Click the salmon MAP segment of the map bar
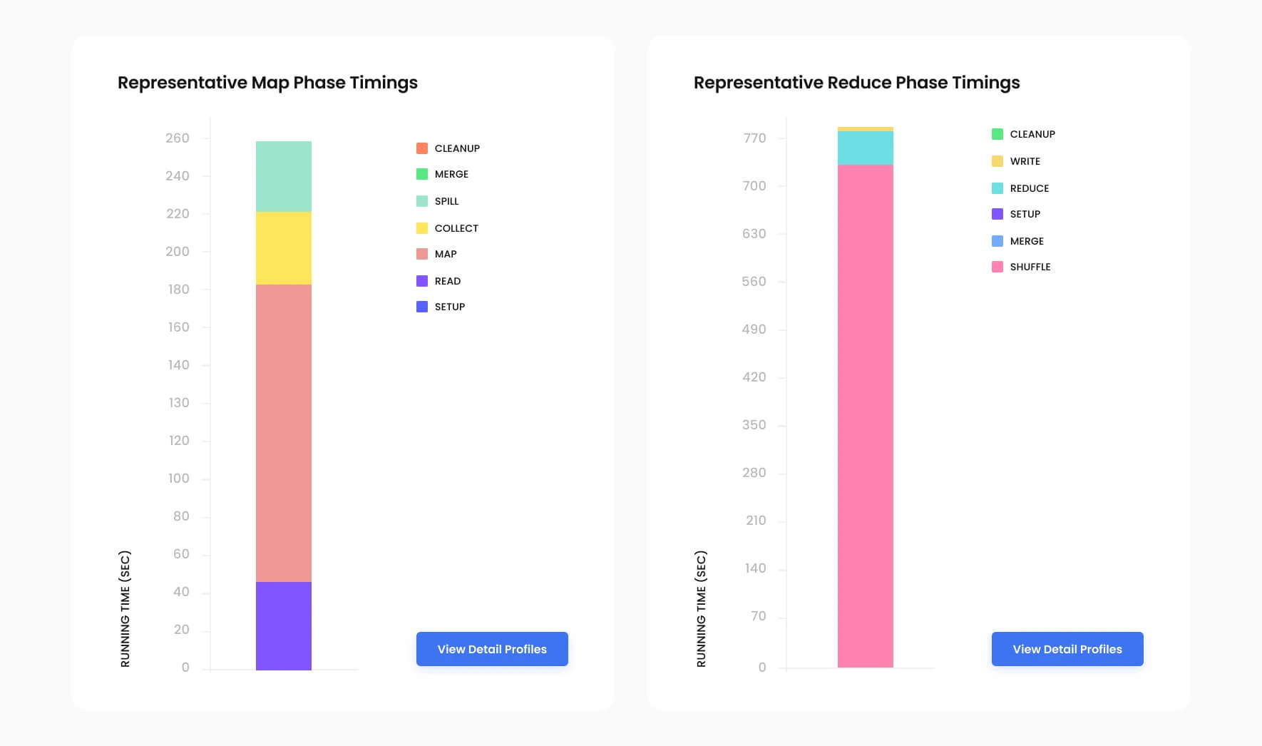pos(283,433)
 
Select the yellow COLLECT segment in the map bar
pos(283,248)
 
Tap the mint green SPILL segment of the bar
pos(283,176)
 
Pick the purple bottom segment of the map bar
pos(283,625)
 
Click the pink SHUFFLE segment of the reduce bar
pos(865,416)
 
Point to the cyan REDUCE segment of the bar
pos(865,148)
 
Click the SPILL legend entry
pos(438,201)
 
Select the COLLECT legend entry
pos(447,228)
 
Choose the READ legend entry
pos(438,281)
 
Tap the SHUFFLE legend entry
pos(1021,267)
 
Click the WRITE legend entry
pos(1016,161)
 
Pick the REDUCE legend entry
pos(1020,188)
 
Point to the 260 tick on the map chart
pos(178,138)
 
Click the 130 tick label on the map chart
pos(179,403)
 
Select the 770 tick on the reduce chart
pos(754,138)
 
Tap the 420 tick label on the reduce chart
pos(754,377)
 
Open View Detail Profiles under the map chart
pos(492,649)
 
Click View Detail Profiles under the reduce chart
pos(1067,649)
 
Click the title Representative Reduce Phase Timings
pos(856,83)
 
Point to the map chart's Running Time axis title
pos(125,608)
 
